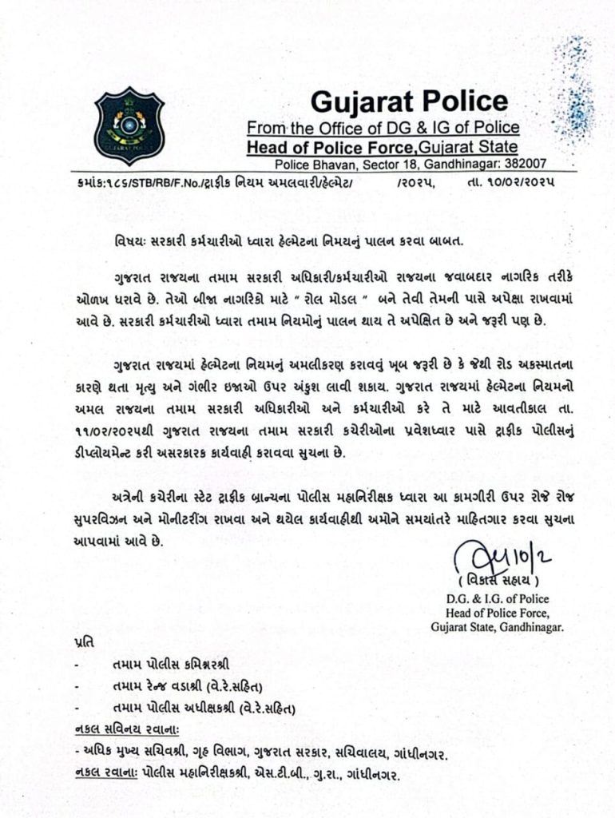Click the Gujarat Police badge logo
[129, 125]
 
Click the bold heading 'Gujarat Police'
[408, 101]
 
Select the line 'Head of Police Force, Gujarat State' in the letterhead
[382, 147]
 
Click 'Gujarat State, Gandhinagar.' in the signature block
[497, 627]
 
